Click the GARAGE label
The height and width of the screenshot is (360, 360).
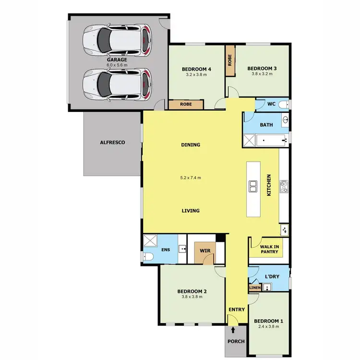pos(117,60)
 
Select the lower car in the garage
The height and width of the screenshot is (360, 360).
pos(117,84)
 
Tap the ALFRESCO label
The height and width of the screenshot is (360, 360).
pos(112,143)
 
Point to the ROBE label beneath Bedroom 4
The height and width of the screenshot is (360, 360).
pos(187,104)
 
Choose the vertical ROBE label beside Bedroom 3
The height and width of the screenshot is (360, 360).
pos(229,60)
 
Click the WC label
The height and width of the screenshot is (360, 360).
pos(271,104)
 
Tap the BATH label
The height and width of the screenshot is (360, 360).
pos(266,125)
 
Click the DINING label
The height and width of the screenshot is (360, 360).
pos(191,145)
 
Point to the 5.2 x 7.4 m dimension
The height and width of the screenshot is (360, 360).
pos(191,178)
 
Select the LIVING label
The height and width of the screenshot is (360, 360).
pos(191,211)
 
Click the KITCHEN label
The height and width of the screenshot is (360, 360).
pos(269,184)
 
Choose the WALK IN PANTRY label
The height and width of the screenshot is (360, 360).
pos(269,250)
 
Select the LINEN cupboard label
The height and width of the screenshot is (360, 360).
pos(254,288)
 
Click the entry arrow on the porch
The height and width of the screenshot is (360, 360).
pos(233,330)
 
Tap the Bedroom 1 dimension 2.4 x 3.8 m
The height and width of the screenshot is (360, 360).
pos(268,326)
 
